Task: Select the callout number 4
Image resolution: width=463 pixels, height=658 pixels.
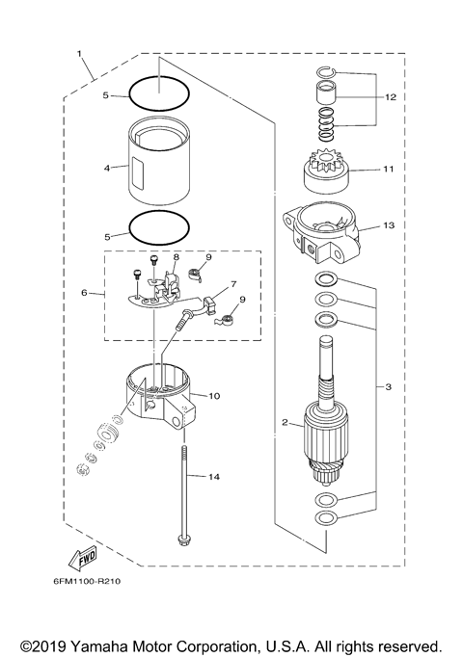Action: point(108,167)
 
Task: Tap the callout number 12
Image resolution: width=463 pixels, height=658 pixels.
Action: point(390,97)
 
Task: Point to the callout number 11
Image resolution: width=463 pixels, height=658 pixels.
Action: point(389,169)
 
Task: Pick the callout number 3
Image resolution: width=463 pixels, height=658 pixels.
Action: point(388,387)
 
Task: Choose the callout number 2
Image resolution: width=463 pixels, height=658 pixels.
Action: point(286,421)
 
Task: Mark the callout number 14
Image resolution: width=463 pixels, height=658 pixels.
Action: point(214,477)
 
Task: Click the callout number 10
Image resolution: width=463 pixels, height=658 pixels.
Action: point(214,395)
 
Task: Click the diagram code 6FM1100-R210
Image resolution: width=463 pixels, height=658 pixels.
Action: point(87,582)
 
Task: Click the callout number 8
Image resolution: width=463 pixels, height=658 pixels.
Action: point(177,258)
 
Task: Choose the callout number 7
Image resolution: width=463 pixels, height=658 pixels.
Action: point(232,286)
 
